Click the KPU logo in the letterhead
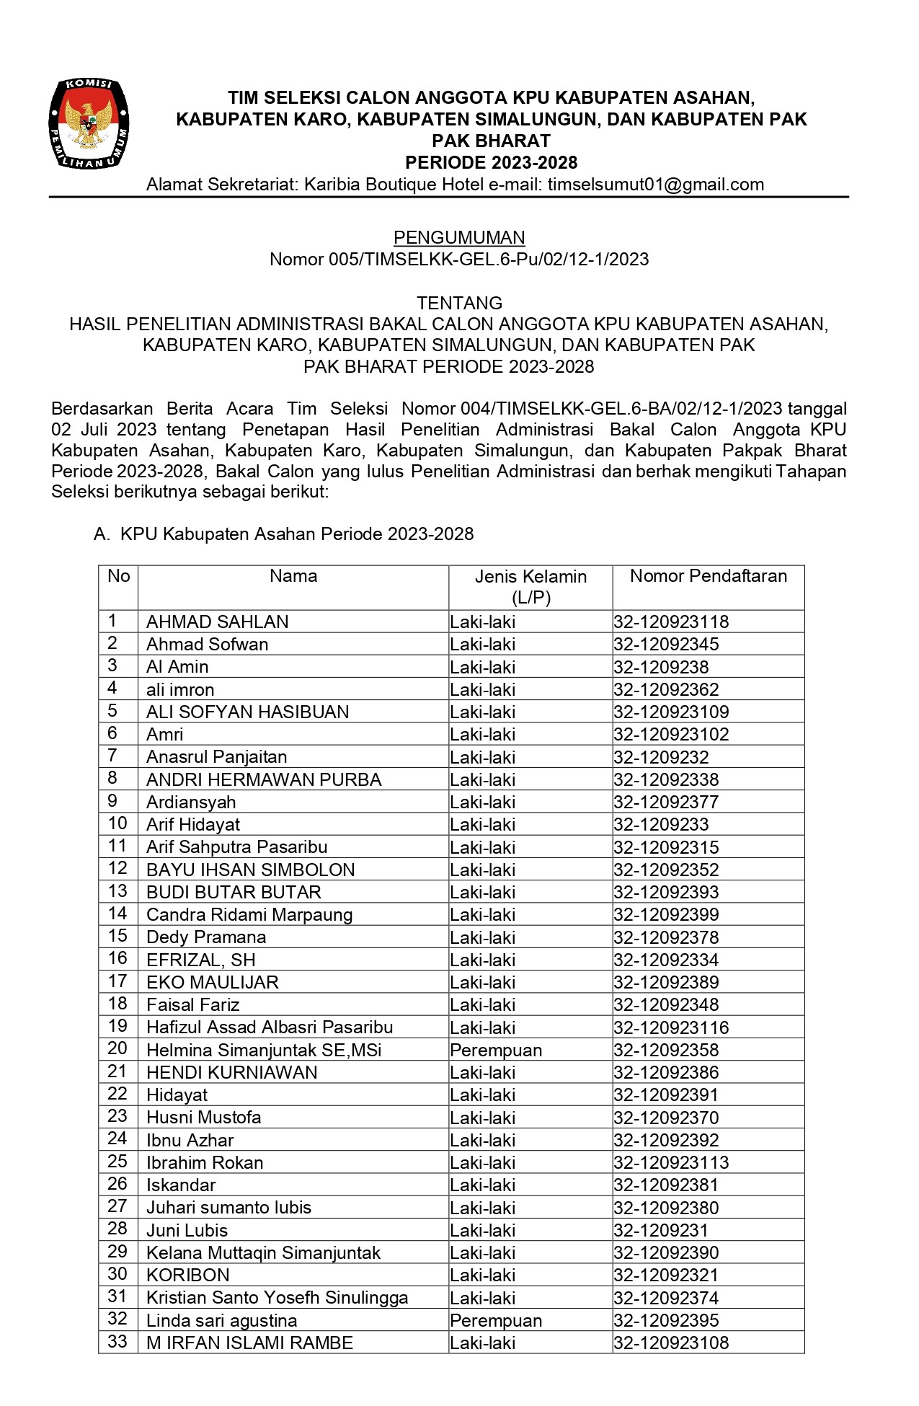[x=89, y=124]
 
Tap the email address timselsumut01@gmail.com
[x=655, y=185]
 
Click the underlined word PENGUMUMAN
[x=459, y=238]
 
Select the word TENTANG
[x=459, y=303]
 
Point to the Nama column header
[x=293, y=576]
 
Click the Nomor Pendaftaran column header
[x=708, y=576]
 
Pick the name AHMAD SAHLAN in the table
[x=217, y=622]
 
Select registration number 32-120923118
[x=671, y=622]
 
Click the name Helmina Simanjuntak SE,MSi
[x=264, y=1050]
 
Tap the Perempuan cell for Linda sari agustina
[x=496, y=1320]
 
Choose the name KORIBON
[x=188, y=1275]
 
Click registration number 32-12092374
[x=666, y=1298]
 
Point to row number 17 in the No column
[x=117, y=981]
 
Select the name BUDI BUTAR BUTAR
[x=234, y=892]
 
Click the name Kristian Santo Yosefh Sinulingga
[x=277, y=1298]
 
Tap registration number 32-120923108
[x=671, y=1343]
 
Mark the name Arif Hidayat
[x=193, y=824]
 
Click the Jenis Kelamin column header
[x=530, y=586]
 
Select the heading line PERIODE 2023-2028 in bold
[x=491, y=162]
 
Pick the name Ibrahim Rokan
[x=205, y=1162]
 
